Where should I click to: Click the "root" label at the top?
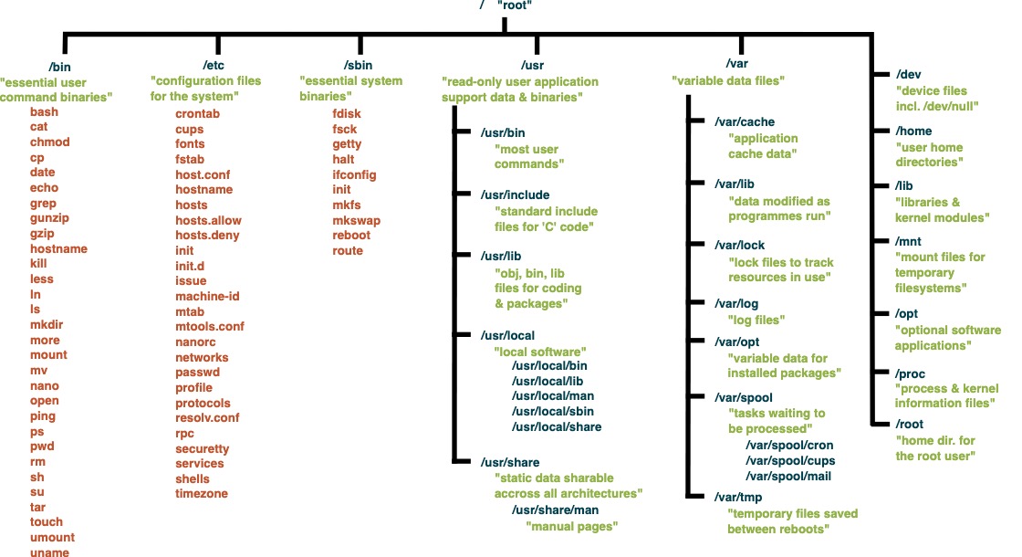click(x=516, y=5)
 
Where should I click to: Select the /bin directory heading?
click(x=61, y=66)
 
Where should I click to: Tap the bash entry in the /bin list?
click(x=44, y=111)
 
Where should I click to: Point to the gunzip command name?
click(x=49, y=218)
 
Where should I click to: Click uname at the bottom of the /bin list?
click(x=49, y=552)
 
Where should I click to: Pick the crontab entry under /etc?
click(x=197, y=113)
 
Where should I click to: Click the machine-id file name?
click(x=209, y=296)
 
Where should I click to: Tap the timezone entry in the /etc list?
click(x=202, y=494)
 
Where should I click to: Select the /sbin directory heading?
click(x=358, y=66)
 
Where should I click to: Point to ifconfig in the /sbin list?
click(x=355, y=174)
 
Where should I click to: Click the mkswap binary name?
click(x=357, y=220)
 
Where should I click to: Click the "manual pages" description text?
click(x=572, y=526)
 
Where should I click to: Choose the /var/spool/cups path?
click(x=790, y=460)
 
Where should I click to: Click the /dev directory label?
click(x=912, y=74)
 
